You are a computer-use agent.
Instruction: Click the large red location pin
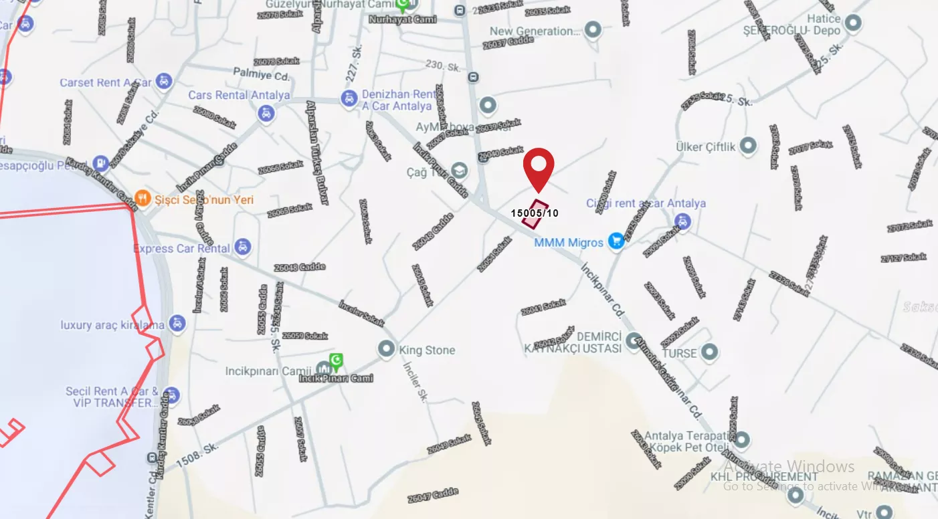click(539, 166)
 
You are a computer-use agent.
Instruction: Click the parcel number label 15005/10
click(534, 213)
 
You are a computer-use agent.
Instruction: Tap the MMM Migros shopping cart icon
click(616, 242)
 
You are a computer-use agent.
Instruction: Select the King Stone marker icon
click(385, 349)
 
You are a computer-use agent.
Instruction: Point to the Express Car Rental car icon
click(244, 248)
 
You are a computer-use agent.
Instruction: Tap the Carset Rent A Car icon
click(163, 82)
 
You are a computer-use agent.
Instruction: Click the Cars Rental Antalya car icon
click(266, 112)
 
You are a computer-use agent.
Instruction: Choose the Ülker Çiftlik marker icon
click(748, 146)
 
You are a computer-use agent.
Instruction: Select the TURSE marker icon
click(710, 352)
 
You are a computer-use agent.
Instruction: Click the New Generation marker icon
click(592, 30)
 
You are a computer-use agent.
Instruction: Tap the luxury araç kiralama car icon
click(177, 324)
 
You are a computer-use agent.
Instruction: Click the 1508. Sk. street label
click(197, 454)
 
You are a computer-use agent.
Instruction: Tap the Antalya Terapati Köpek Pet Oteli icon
click(741, 440)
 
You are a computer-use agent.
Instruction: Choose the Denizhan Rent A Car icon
click(349, 99)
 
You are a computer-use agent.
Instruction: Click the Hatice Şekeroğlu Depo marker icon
click(852, 24)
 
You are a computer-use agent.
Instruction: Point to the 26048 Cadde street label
click(300, 268)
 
